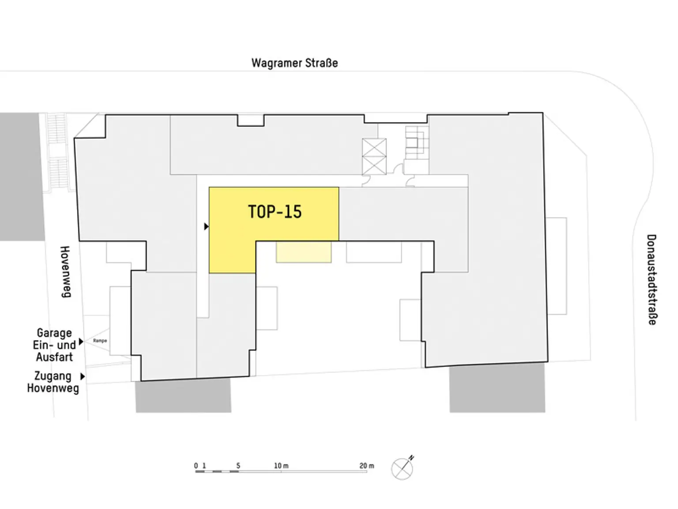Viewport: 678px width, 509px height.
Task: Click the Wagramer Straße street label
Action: (x=294, y=63)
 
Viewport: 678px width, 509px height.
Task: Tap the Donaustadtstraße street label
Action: (x=652, y=279)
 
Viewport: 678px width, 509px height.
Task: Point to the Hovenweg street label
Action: (x=65, y=272)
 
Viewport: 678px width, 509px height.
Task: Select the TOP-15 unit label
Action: (x=275, y=212)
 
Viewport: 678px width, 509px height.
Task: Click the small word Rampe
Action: (x=100, y=341)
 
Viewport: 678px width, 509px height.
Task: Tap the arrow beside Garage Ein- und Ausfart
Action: (x=81, y=342)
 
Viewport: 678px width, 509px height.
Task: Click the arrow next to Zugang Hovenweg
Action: (x=83, y=376)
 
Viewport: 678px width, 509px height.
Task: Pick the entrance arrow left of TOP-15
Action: (x=207, y=227)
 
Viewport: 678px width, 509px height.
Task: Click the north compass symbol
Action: (x=403, y=468)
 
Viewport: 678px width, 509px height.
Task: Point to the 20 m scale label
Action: (x=367, y=465)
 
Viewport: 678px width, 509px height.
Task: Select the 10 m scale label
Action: (x=281, y=465)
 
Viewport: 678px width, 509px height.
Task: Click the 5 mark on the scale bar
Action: (x=238, y=465)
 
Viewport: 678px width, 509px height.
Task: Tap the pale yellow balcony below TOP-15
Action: (x=304, y=252)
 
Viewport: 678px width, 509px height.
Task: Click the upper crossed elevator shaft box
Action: (x=374, y=148)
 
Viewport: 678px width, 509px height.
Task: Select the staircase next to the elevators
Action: (x=417, y=142)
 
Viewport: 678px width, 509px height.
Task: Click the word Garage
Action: (x=54, y=333)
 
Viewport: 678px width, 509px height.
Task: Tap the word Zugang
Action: (x=53, y=376)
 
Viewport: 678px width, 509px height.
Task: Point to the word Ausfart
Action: (x=54, y=357)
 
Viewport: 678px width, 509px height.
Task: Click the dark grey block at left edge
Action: (x=22, y=176)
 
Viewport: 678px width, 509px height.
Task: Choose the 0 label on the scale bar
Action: (x=196, y=465)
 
